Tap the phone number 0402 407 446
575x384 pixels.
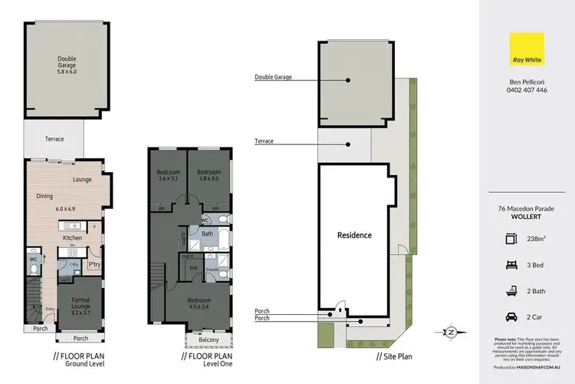(x=527, y=90)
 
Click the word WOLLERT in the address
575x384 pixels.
(x=527, y=217)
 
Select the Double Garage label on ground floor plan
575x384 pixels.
(x=67, y=62)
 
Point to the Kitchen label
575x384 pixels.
(x=72, y=238)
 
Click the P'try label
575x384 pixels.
(x=96, y=265)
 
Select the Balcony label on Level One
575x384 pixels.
(x=208, y=339)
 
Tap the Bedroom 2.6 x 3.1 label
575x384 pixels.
(x=168, y=175)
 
